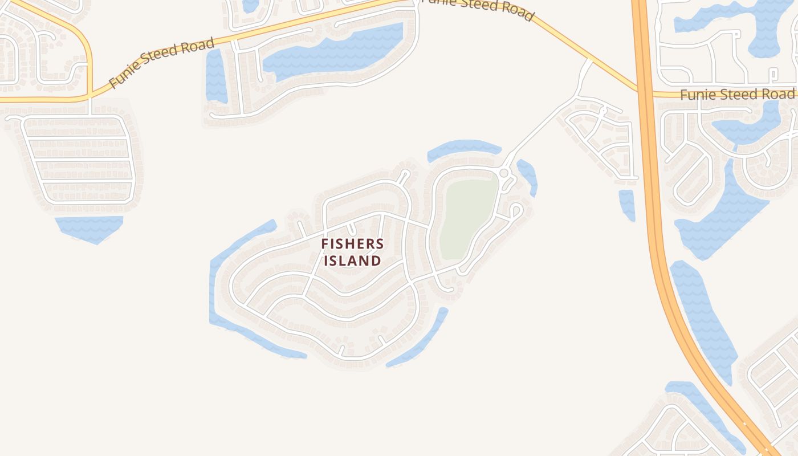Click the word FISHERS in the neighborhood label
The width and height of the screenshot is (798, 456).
(352, 244)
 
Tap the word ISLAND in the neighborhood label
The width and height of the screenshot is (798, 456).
(352, 261)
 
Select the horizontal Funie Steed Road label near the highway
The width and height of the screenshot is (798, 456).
(737, 94)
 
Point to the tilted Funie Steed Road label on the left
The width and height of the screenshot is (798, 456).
(162, 63)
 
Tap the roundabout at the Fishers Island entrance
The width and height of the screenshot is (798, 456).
(504, 173)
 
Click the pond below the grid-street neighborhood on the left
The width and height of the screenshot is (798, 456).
(90, 228)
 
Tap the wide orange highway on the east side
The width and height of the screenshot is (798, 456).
(655, 228)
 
